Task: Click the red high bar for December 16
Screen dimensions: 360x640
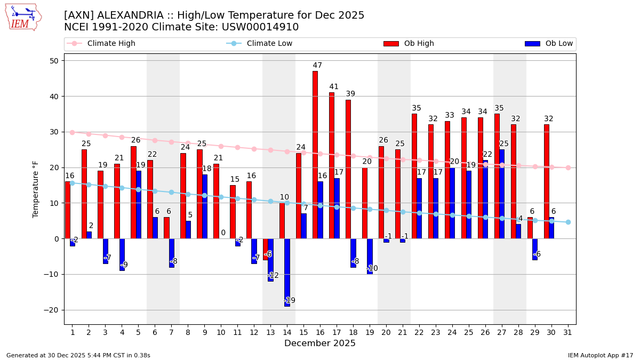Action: [315, 155]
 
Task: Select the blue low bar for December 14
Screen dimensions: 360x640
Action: [287, 272]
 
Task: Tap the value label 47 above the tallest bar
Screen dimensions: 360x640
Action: [317, 66]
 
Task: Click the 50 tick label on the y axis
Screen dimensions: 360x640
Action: [54, 61]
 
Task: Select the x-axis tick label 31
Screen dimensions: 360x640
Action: [568, 332]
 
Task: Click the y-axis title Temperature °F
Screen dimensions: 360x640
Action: [36, 189]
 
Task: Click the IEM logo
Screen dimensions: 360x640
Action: [23, 17]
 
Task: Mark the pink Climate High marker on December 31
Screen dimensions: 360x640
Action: [568, 167]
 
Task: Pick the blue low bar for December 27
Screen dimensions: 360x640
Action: [502, 194]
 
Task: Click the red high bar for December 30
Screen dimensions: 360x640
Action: [547, 181]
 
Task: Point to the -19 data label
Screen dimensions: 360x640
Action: [290, 300]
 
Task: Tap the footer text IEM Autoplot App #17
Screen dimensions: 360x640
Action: [601, 355]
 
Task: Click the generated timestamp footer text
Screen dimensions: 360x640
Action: [78, 355]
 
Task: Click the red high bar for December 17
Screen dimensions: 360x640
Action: [332, 165]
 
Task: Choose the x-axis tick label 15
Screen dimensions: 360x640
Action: [303, 332]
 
